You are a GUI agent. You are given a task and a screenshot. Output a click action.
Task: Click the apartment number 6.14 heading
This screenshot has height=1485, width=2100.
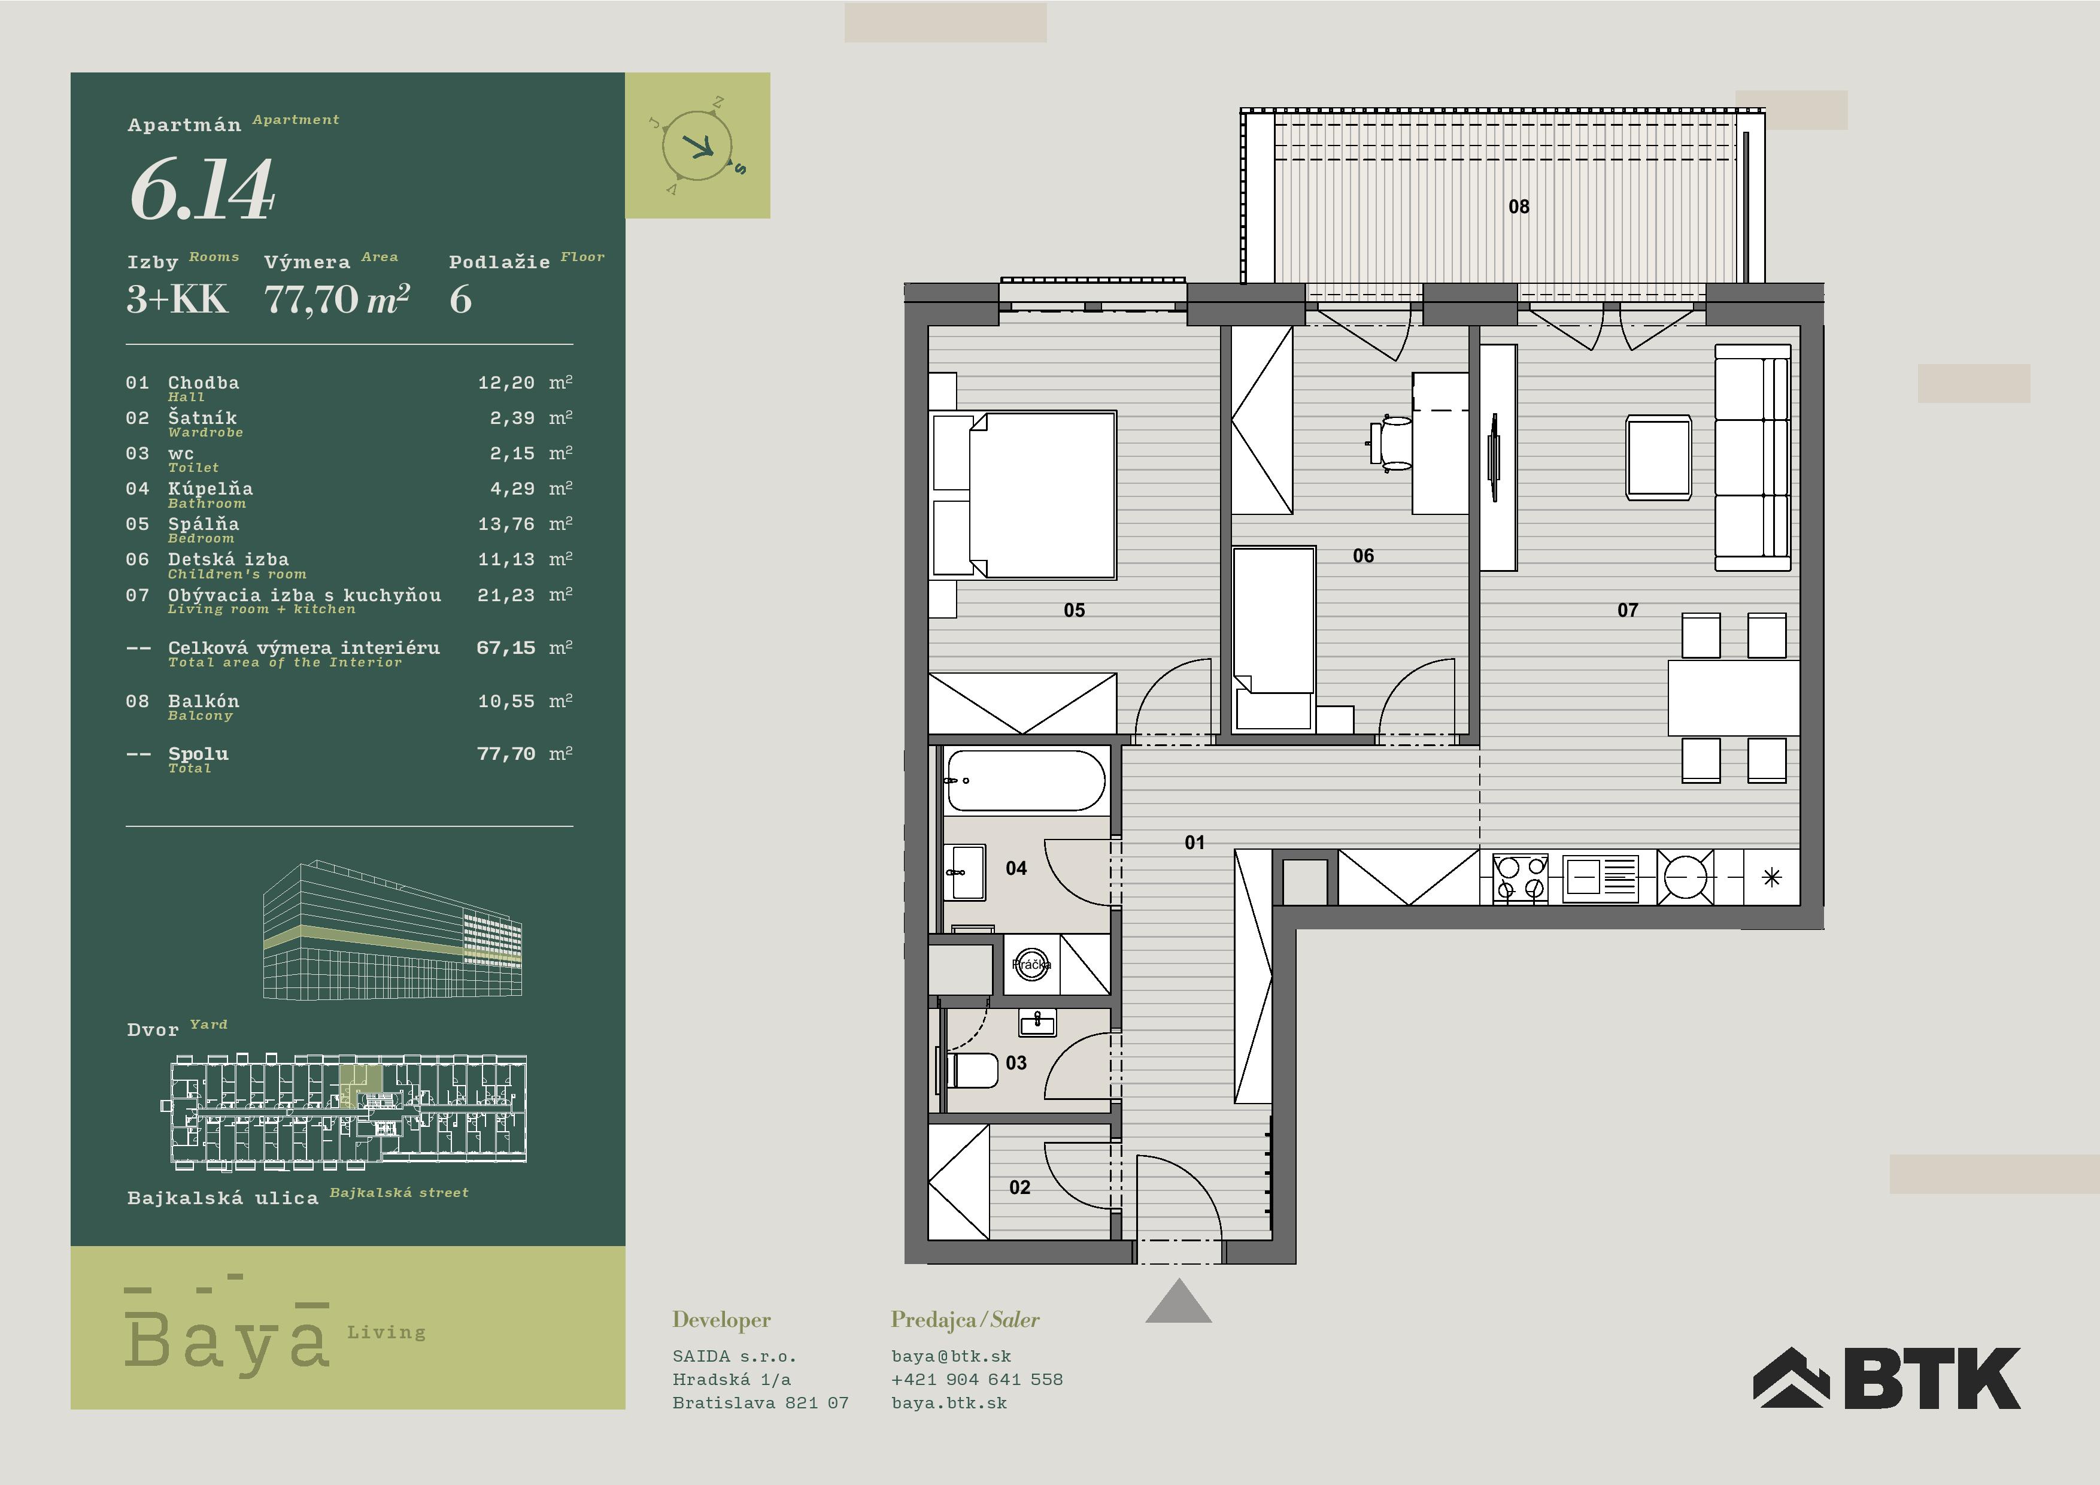point(202,189)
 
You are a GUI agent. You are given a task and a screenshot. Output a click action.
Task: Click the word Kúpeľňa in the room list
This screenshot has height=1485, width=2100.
point(210,489)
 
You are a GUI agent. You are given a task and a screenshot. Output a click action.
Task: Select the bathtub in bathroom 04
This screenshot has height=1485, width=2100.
point(1025,780)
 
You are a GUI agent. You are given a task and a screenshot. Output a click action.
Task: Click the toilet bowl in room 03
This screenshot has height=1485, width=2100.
point(972,1069)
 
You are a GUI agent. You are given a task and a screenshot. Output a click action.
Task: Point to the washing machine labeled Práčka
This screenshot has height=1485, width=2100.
point(1031,963)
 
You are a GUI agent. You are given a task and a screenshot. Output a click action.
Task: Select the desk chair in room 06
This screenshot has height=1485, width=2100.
point(1391,444)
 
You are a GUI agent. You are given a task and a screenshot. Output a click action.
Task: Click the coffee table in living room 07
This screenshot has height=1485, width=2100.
point(1658,457)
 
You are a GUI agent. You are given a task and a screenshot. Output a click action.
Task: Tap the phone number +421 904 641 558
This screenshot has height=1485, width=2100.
point(977,1379)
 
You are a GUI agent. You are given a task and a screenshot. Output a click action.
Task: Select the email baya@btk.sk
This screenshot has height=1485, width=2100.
point(951,1356)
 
